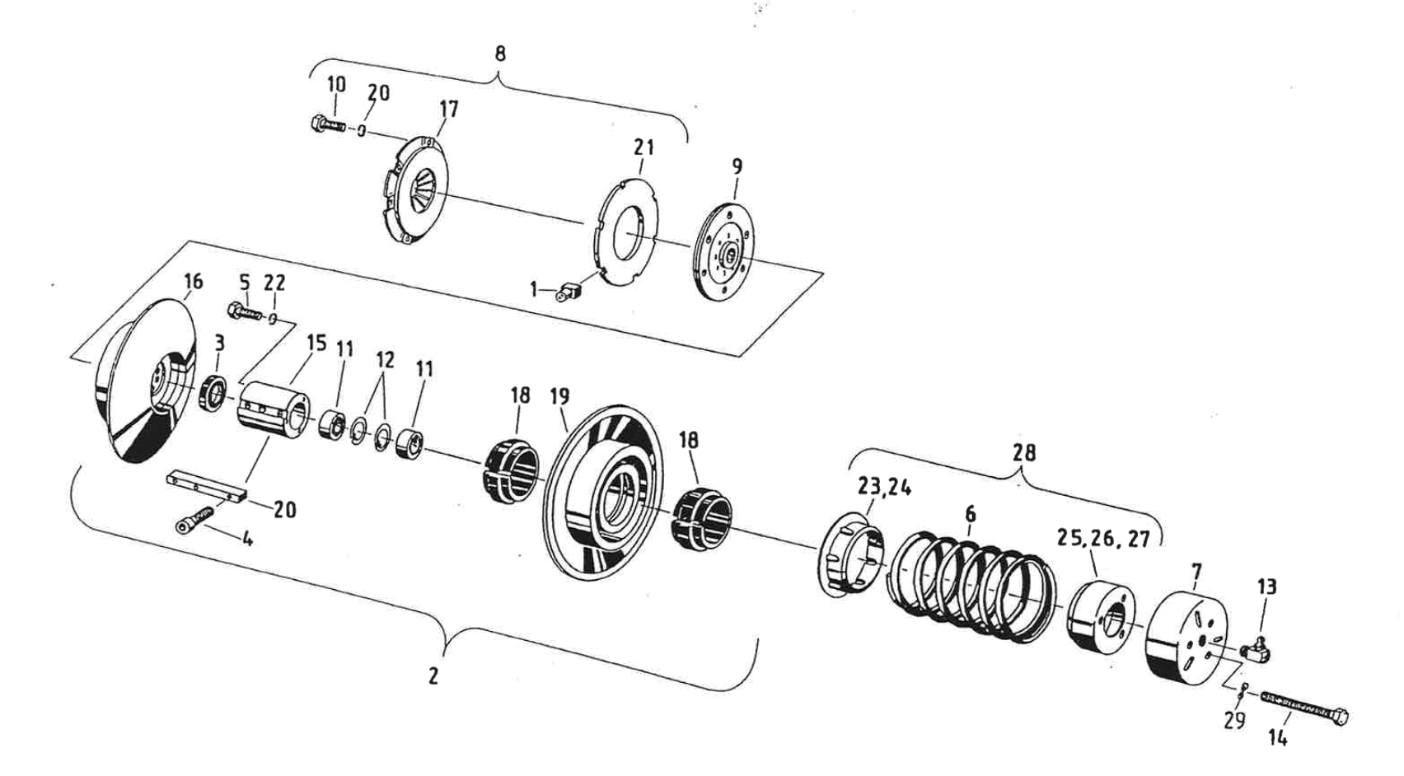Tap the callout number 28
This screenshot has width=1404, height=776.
1024,452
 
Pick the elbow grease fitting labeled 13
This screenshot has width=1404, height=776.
1259,647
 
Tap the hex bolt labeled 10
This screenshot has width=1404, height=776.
328,126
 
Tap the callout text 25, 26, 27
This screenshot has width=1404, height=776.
1103,540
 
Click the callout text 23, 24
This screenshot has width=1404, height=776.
884,487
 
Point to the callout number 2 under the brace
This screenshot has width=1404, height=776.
433,675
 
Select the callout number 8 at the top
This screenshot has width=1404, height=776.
499,54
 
